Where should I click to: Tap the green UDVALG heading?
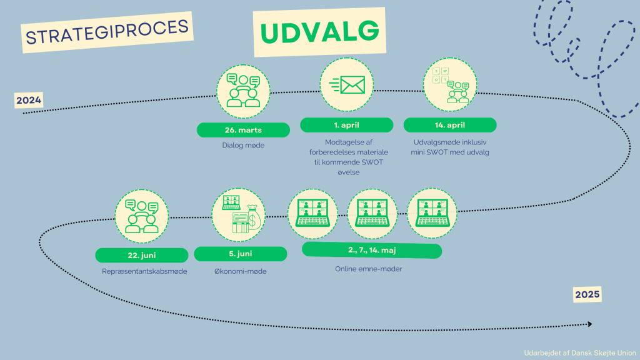319,32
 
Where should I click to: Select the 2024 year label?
29,101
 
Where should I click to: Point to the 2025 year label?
587,294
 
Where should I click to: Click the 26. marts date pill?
243,130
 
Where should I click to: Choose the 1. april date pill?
346,125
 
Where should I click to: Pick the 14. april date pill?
450,125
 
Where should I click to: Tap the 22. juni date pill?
141,255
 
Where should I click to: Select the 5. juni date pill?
240,254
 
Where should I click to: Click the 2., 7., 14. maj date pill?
372,251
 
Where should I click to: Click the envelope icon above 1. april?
346,84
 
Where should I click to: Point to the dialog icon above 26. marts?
243,91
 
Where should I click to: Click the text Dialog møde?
243,146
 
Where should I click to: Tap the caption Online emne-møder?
372,269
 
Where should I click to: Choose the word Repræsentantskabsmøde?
144,271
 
